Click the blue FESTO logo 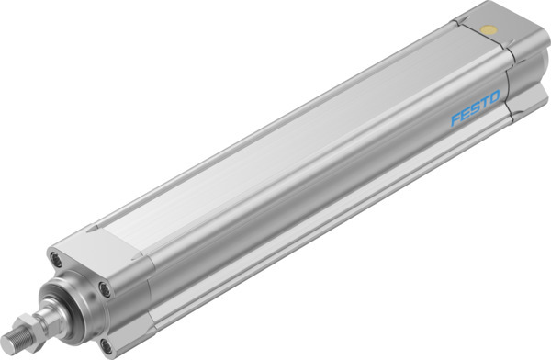click(x=476, y=109)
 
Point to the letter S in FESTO click(x=476, y=109)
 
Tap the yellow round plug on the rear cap click(x=489, y=30)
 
